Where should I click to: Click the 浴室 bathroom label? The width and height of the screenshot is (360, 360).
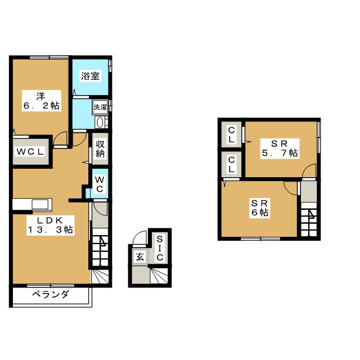coord(90,76)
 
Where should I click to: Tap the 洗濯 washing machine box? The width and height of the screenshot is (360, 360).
coord(100,106)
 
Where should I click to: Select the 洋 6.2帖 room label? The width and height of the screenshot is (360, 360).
coord(40,100)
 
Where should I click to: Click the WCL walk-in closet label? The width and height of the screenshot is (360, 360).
coord(30,152)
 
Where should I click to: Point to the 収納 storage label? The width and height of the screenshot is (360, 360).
coord(100,148)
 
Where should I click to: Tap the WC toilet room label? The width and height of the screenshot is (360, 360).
coord(99,184)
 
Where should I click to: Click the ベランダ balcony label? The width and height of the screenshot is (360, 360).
coord(50,294)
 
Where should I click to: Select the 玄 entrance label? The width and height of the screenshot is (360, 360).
coord(138,257)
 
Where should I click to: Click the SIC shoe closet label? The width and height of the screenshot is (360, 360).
coord(159,248)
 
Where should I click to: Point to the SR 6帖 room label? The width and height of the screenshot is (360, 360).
coord(260,207)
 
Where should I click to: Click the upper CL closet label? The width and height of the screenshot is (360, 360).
coord(231,135)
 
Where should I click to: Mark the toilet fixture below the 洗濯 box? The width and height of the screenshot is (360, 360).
coord(100,122)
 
